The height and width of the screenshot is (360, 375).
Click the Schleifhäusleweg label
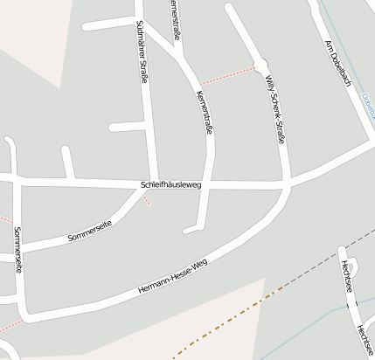(x=171, y=185)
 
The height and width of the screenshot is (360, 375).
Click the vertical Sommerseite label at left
(x=17, y=250)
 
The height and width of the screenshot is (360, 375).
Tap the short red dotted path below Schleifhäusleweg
(x=146, y=199)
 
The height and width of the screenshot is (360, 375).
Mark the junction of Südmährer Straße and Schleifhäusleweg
(x=153, y=183)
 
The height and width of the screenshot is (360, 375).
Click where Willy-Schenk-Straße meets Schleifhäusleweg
(x=285, y=185)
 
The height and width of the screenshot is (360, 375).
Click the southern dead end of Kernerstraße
(x=187, y=231)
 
